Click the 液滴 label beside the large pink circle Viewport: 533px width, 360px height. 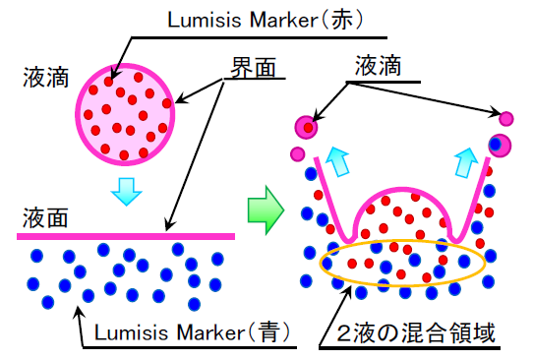(45, 76)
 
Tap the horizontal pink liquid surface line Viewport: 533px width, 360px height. (128, 236)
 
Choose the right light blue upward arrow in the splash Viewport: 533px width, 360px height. (464, 160)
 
